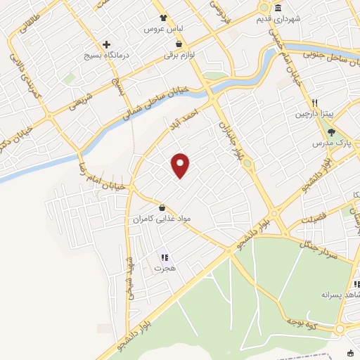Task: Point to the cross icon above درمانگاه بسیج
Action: tap(107, 43)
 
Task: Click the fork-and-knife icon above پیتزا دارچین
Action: tap(316, 101)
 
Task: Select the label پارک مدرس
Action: tap(332, 143)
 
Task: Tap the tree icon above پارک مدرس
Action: tap(331, 131)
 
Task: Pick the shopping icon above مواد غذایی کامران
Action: tap(163, 208)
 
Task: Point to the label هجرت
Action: tap(166, 269)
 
